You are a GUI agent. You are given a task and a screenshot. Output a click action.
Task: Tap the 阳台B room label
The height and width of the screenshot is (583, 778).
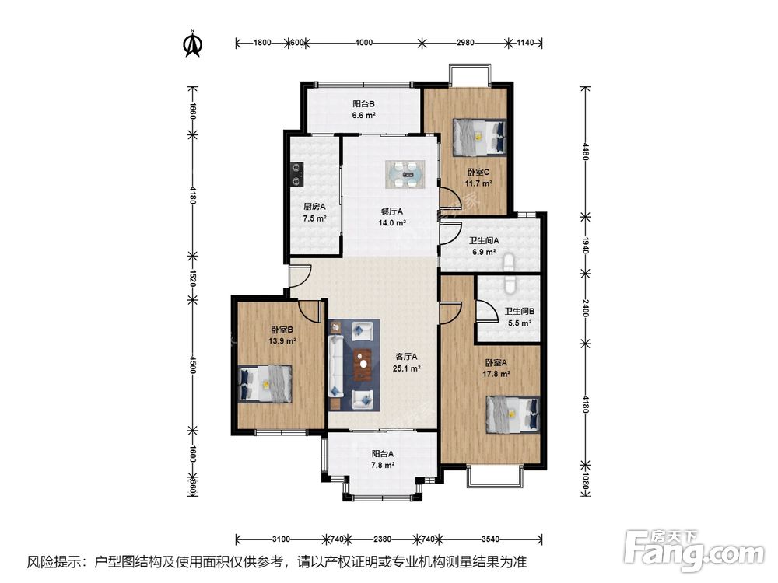363,104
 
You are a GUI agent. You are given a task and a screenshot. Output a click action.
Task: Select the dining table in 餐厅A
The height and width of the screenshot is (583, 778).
406,174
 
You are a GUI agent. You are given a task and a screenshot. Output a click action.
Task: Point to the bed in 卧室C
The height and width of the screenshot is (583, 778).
480,136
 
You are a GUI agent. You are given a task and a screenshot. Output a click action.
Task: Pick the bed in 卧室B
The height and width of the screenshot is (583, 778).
265,383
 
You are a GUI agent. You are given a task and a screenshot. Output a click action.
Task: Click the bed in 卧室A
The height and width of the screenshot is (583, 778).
513,414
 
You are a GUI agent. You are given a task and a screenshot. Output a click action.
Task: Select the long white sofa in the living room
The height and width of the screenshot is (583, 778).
336,366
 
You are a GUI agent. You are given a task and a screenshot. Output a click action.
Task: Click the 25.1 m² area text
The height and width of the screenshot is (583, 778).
407,368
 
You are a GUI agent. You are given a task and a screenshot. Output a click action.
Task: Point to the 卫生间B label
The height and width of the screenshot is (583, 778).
520,312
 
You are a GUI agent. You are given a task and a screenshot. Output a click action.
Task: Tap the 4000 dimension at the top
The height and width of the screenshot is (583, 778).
363,43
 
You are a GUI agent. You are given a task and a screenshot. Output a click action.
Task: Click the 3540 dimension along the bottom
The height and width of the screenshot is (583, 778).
490,539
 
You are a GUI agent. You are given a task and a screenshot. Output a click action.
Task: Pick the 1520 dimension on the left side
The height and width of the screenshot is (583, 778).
192,278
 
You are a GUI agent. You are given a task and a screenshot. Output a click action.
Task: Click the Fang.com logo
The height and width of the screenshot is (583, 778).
695,551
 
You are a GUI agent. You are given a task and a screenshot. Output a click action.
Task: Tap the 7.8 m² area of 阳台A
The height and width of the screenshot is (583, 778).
383,465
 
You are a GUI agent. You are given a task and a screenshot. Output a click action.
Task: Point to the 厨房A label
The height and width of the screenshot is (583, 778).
314,207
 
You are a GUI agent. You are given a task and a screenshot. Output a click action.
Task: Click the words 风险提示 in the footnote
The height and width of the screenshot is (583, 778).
54,562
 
